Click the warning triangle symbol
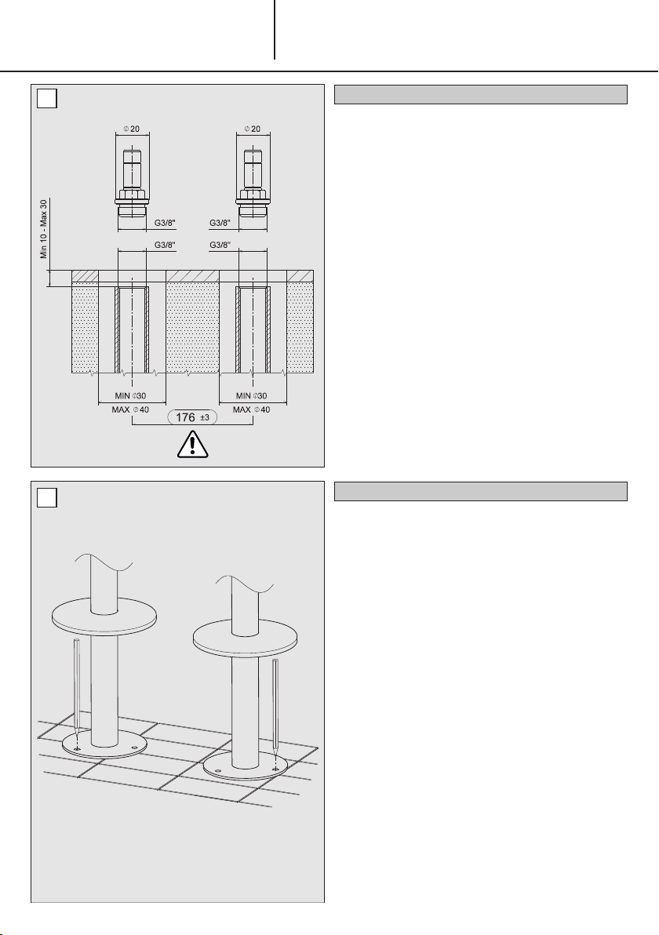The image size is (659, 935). (193, 445)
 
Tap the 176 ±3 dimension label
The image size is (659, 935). (192, 417)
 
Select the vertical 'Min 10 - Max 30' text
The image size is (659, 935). (44, 229)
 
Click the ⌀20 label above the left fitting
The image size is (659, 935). (132, 129)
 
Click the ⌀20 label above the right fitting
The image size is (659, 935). (253, 129)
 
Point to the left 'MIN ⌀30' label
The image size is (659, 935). (130, 395)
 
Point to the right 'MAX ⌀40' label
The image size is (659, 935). (251, 409)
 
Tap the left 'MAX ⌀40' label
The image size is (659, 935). (130, 409)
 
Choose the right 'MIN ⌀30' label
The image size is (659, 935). (252, 395)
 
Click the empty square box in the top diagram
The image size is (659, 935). (46, 98)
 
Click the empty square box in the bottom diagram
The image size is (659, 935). (46, 497)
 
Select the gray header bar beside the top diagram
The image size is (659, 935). (481, 94)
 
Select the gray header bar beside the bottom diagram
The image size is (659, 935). (481, 491)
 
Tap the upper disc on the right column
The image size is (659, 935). (245, 638)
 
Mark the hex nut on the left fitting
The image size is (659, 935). (132, 195)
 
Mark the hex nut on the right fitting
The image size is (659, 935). (252, 195)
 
